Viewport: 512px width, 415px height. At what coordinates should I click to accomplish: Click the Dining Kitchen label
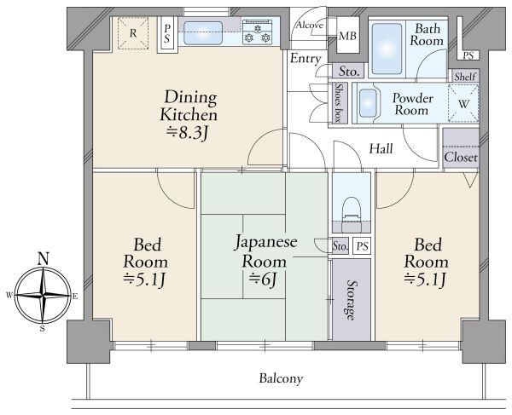pyautogui.click(x=189, y=106)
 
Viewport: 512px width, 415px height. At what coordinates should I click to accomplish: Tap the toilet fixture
pyautogui.click(x=351, y=214)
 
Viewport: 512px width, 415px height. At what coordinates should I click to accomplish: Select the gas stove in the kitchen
pyautogui.click(x=258, y=32)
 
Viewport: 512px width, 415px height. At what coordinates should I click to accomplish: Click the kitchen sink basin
pyautogui.click(x=203, y=33)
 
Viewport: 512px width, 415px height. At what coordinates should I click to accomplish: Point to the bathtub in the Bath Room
pyautogui.click(x=387, y=49)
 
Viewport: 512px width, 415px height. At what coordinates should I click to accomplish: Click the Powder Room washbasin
pyautogui.click(x=368, y=103)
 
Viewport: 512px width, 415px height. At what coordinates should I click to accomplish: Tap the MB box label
pyautogui.click(x=347, y=36)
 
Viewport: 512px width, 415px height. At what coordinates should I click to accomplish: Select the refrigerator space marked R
pyautogui.click(x=133, y=33)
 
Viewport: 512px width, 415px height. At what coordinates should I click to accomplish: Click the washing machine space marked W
pyautogui.click(x=463, y=104)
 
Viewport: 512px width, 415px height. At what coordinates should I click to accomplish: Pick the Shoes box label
pyautogui.click(x=338, y=103)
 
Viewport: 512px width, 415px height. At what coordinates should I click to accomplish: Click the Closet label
pyautogui.click(x=461, y=158)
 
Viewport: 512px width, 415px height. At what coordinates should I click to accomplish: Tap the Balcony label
pyautogui.click(x=281, y=379)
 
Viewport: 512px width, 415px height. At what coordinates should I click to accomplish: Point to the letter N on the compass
pyautogui.click(x=44, y=258)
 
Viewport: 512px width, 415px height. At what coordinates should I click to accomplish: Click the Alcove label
pyautogui.click(x=309, y=25)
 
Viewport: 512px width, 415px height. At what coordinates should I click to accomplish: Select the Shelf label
pyautogui.click(x=465, y=77)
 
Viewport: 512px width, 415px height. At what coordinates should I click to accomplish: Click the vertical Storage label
pyautogui.click(x=351, y=300)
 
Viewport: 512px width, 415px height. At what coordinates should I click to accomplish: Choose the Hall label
pyautogui.click(x=381, y=149)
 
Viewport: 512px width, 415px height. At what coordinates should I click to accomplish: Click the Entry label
pyautogui.click(x=305, y=59)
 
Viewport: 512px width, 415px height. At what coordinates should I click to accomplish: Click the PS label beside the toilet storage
pyautogui.click(x=362, y=246)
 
